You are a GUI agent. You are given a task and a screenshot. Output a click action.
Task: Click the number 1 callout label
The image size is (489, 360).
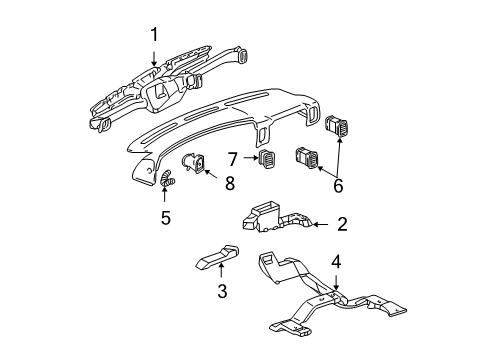155,36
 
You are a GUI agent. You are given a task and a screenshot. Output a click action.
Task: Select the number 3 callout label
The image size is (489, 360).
223,291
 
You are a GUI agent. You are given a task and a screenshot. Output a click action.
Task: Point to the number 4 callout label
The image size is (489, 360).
337,262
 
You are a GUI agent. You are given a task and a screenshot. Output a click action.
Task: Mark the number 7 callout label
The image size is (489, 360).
233,157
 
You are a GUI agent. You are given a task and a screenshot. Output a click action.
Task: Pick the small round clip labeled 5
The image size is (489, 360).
165,180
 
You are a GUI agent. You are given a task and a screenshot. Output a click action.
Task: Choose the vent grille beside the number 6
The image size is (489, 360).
306,156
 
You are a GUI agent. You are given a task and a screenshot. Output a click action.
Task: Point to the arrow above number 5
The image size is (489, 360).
165,195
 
